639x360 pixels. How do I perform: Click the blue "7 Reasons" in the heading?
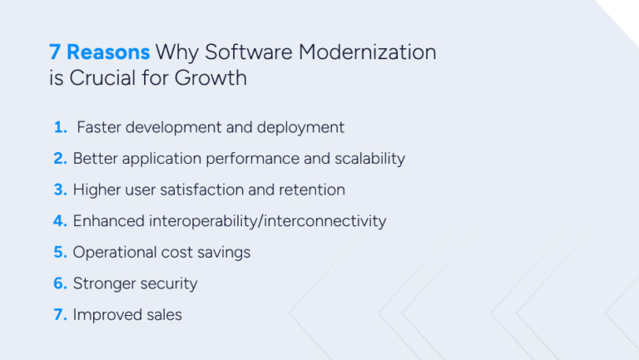pyautogui.click(x=99, y=52)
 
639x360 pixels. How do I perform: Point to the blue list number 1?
pyautogui.click(x=60, y=127)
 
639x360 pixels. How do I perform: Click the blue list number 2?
pyautogui.click(x=60, y=158)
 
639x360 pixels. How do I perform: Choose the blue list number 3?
pyautogui.click(x=60, y=190)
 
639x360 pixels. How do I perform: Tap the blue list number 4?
pyautogui.click(x=61, y=221)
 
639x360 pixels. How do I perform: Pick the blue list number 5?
pyautogui.click(x=60, y=252)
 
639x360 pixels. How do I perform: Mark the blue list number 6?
pyautogui.click(x=60, y=284)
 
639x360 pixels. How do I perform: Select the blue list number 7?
pyautogui.click(x=60, y=315)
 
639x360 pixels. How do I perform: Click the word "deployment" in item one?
pyautogui.click(x=302, y=128)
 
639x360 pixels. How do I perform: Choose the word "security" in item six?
pyautogui.click(x=169, y=284)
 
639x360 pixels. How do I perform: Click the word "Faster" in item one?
pyautogui.click(x=99, y=127)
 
